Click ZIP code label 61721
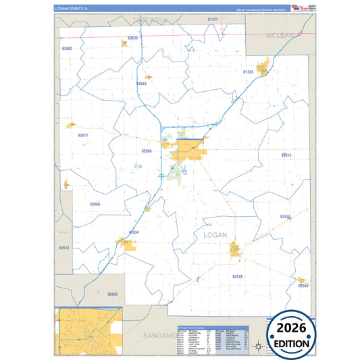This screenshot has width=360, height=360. point(213,20)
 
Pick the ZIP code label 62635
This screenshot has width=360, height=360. point(132,38)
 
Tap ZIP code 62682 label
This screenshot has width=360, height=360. point(66,49)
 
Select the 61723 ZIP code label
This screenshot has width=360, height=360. point(247,71)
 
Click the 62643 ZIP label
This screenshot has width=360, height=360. point(141,84)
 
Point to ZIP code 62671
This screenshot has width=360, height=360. point(83,135)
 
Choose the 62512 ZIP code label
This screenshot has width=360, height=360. point(286,155)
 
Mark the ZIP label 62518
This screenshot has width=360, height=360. point(285,216)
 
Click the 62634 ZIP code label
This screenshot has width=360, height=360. point(134,232)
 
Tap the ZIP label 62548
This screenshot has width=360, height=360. point(237,276)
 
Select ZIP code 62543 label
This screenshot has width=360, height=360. point(303,286)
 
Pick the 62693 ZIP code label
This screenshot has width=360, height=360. point(112,294)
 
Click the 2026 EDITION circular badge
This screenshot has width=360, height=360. point(292,334)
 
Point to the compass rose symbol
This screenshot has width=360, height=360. point(257,348)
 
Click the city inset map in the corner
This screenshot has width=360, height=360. point(88,332)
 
